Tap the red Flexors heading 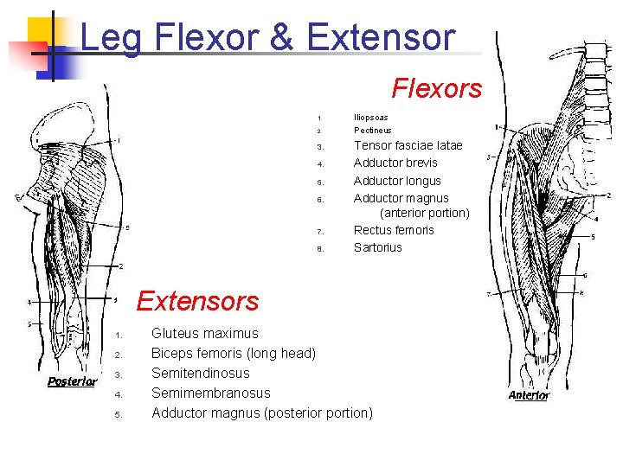(436, 87)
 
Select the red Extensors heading (197, 301)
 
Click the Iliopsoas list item (370, 117)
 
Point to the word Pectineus (372, 131)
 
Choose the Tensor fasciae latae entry (408, 145)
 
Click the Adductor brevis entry (395, 163)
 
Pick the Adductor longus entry (397, 181)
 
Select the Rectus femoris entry (394, 230)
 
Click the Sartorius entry (378, 247)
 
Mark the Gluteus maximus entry (204, 333)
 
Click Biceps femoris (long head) (234, 353)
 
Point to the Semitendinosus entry (200, 373)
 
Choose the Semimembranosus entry (210, 393)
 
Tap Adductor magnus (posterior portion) (261, 413)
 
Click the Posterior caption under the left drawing (72, 382)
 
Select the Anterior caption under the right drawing (529, 395)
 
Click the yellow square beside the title (45, 33)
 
